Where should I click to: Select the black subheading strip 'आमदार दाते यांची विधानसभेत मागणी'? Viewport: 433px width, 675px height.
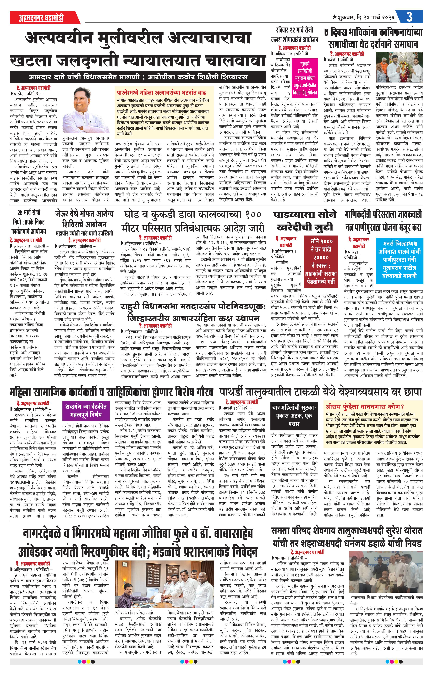pos(138,77)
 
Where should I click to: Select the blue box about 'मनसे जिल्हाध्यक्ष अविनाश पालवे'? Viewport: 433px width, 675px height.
pos(399,259)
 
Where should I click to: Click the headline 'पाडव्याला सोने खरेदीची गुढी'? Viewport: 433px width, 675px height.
pos(305,221)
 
